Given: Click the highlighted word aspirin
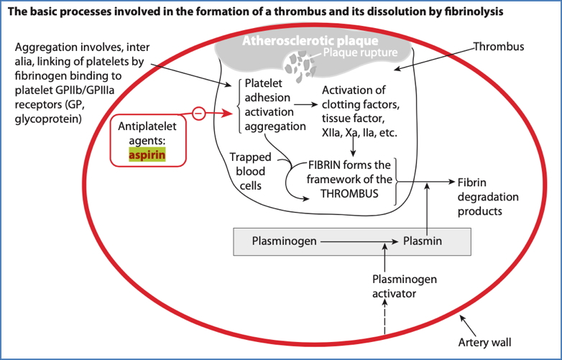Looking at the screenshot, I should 147,154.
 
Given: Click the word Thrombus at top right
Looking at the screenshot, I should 499,47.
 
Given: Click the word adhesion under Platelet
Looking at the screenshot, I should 267,97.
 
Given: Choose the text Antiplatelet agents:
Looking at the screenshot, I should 147,131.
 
